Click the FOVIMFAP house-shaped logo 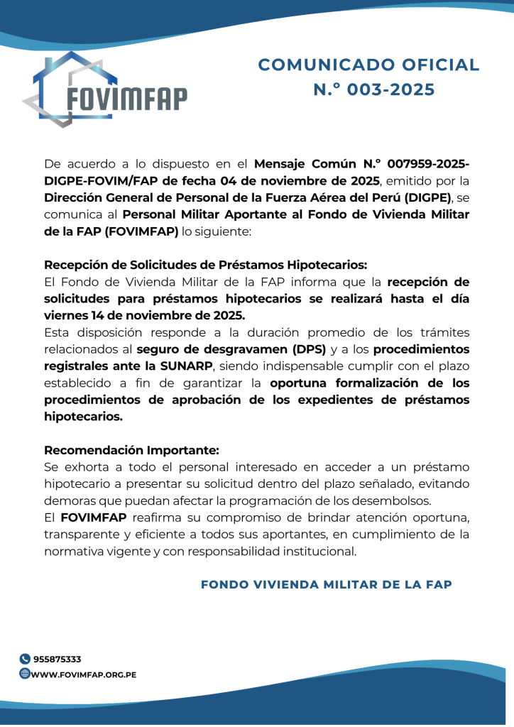(x=105, y=89)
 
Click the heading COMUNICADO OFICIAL (x=368, y=65)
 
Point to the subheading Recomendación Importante (x=132, y=450)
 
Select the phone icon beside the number (x=25, y=659)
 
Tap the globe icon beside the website (x=25, y=674)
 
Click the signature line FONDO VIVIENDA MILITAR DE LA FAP (x=327, y=584)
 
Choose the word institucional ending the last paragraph (x=321, y=550)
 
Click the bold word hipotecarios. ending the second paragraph (x=84, y=417)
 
